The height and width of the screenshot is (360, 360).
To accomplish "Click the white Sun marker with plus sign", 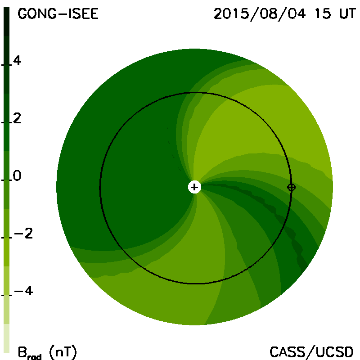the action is [x=194, y=187].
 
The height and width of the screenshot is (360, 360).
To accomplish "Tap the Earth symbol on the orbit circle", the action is [x=291, y=187].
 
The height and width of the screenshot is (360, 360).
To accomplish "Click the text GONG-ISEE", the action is [x=58, y=14].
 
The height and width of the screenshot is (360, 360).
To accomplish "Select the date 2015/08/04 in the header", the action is [x=260, y=14].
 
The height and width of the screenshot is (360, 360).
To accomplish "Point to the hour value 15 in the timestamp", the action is [x=323, y=14].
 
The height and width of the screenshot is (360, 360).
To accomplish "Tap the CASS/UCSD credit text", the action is [x=311, y=352].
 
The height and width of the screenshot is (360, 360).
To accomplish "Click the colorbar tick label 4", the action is [x=17, y=60].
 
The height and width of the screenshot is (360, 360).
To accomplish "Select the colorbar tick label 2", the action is [x=17, y=118].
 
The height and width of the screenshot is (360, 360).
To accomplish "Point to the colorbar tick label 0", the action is [x=17, y=175].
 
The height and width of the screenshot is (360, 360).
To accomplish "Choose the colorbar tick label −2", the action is [x=23, y=234].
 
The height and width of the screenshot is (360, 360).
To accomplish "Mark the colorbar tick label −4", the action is [x=23, y=291].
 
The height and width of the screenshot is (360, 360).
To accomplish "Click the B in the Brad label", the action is [x=22, y=352].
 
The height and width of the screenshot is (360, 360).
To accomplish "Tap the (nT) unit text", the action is [x=63, y=352].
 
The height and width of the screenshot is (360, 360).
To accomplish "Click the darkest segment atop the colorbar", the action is [x=6, y=22].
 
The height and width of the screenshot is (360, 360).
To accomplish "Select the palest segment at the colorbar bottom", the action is [x=6, y=338].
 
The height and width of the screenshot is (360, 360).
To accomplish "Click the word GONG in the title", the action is [x=37, y=14].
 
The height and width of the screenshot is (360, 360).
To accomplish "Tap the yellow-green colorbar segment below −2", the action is [x=6, y=252].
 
